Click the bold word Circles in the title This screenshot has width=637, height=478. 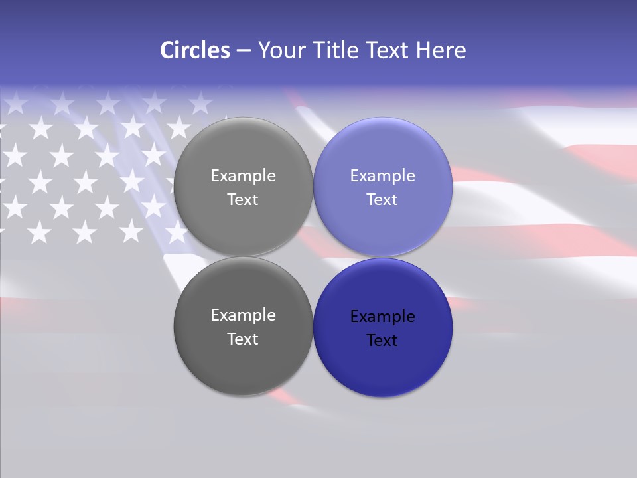pos(194,50)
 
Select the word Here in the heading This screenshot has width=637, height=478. pos(441,50)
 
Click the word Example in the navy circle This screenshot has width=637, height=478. pos(382,317)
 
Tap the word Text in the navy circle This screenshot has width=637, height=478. pos(382,341)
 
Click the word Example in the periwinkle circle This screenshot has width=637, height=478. pos(382,176)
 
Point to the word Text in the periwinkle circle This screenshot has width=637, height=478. pos(382,200)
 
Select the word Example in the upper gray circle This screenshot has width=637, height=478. pos(243,176)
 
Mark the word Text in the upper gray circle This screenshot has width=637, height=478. pos(243,200)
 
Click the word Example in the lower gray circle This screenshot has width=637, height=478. pos(243,315)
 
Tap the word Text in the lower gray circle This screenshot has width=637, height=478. pos(243,339)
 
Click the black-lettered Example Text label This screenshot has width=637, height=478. pos(382,329)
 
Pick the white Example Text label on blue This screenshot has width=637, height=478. pos(382,188)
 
